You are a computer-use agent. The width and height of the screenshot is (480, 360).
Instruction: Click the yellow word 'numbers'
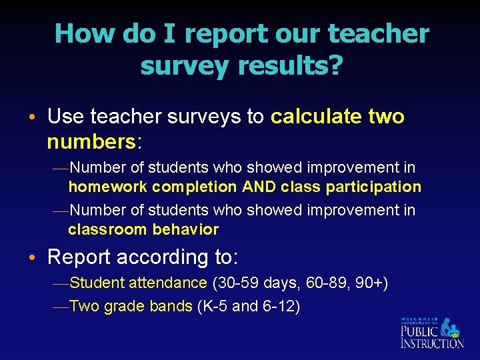(x=91, y=141)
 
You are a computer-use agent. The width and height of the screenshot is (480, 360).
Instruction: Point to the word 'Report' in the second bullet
(x=80, y=257)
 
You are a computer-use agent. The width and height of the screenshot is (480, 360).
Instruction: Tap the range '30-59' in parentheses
(x=235, y=283)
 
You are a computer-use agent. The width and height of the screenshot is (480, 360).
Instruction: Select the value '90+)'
(x=372, y=283)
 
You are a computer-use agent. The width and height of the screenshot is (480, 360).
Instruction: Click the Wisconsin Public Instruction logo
(x=431, y=332)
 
